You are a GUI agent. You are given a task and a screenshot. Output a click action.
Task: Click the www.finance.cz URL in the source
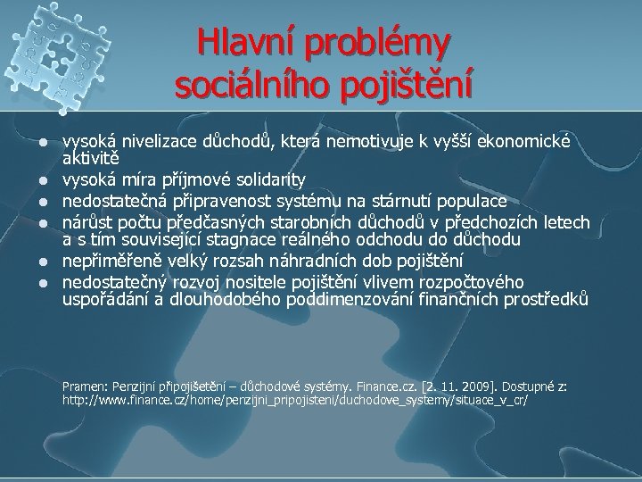(294, 402)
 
